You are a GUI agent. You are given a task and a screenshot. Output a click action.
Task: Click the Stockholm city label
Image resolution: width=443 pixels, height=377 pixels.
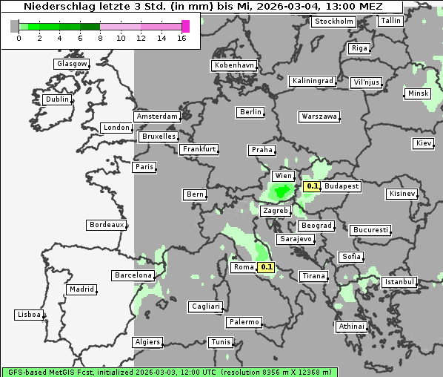click(x=333, y=22)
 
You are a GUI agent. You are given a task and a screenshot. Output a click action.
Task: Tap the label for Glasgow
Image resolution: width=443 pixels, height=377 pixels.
click(x=72, y=64)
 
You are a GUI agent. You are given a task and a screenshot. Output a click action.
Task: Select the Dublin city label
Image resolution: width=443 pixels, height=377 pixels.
click(x=56, y=99)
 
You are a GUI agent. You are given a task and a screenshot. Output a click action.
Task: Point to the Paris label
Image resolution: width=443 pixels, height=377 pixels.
click(x=144, y=167)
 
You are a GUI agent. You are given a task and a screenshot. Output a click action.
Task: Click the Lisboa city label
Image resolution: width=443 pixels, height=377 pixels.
click(x=29, y=315)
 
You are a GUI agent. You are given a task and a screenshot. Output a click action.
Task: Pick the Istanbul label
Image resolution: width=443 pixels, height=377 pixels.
click(x=399, y=282)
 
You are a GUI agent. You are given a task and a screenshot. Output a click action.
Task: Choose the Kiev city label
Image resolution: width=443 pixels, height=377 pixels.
click(x=424, y=143)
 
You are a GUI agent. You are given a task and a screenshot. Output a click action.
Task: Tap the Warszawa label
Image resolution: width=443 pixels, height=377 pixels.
click(x=319, y=117)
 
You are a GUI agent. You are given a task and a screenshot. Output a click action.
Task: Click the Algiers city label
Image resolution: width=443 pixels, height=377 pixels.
click(x=147, y=342)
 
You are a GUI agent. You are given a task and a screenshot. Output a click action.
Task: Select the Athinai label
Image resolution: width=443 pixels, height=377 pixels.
click(x=351, y=327)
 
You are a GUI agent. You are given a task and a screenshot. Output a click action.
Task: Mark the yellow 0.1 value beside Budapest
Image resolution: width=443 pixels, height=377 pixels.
click(x=312, y=186)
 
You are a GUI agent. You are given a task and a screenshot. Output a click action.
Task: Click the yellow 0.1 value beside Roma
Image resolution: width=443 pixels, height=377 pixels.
click(x=267, y=267)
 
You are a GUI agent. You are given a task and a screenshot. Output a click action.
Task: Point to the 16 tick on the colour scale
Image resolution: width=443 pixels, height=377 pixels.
click(x=182, y=38)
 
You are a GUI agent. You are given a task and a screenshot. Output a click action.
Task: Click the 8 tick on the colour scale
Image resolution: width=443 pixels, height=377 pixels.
click(x=100, y=38)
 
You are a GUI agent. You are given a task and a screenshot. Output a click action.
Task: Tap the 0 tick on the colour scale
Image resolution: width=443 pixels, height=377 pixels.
click(x=18, y=38)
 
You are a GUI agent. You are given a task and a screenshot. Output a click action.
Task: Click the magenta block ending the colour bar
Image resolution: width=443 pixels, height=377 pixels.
click(x=185, y=26)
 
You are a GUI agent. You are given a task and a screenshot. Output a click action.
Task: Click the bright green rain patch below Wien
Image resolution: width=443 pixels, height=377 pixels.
click(x=282, y=193)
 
